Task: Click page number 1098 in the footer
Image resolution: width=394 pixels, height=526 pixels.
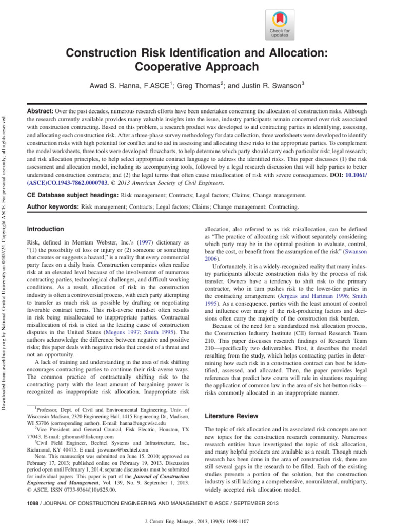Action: pos(33,504)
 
